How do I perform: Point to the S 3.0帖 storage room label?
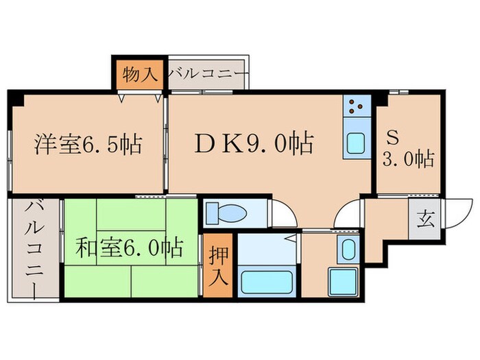pos(408,149)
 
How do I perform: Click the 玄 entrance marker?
pos(425,220)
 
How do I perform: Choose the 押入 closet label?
pos(217,266)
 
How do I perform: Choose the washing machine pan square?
pos(342,280)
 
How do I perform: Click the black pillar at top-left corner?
pos(14,98)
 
